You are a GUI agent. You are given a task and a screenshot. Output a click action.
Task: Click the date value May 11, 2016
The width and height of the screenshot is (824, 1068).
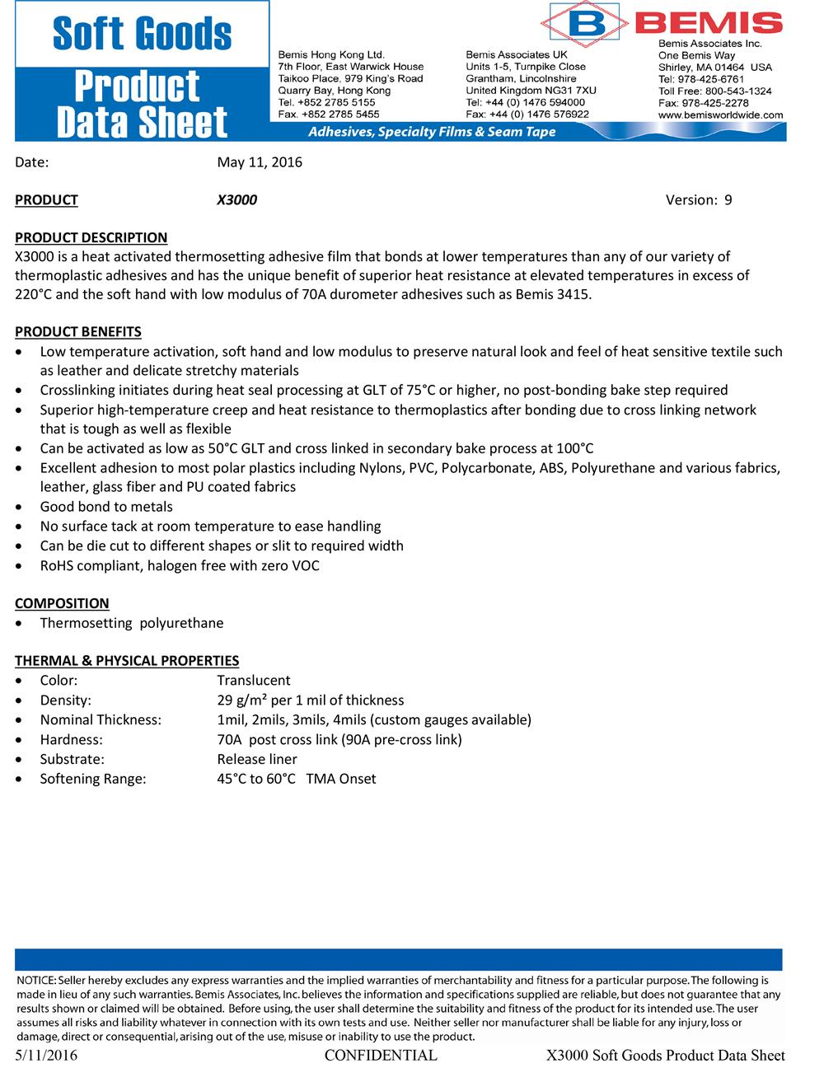pos(260,162)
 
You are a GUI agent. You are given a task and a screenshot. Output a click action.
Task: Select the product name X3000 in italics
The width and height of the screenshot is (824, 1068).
pos(236,200)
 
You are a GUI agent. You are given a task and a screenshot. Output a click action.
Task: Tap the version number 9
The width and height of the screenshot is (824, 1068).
pos(728,200)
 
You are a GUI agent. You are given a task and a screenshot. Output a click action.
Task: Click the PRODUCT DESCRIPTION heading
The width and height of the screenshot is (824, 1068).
pos(91,238)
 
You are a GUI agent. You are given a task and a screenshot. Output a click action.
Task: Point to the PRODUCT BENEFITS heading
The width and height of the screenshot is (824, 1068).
pos(78,332)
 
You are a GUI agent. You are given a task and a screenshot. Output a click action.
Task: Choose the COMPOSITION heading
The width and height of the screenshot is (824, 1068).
pos(62,603)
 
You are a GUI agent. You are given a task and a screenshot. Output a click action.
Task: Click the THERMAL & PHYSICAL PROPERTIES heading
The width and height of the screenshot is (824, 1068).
pos(127,661)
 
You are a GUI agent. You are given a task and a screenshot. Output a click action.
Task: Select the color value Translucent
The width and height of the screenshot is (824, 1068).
pos(254,681)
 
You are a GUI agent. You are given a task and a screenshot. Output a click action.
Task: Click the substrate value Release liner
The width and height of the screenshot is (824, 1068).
pos(257,760)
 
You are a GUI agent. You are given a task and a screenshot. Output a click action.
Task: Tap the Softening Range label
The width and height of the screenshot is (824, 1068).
pos(93,780)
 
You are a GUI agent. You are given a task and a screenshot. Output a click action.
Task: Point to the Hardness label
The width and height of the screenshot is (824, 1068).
pos(71,740)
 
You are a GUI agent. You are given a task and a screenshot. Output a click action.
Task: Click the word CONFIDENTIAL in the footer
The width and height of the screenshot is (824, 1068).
pos(381,1056)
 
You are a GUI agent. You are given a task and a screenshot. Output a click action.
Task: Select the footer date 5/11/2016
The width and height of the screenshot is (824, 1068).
pos(46,1056)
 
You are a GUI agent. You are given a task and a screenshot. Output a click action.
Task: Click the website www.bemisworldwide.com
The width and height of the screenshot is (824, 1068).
pos(721,115)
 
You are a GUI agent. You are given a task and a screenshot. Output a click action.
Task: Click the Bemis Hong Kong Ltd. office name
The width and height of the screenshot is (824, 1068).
pos(332,54)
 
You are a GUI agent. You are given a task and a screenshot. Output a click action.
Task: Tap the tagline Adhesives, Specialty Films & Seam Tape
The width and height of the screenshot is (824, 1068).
pos(432,132)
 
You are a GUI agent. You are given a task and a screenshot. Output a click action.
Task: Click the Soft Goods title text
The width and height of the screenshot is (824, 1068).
pos(142,34)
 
